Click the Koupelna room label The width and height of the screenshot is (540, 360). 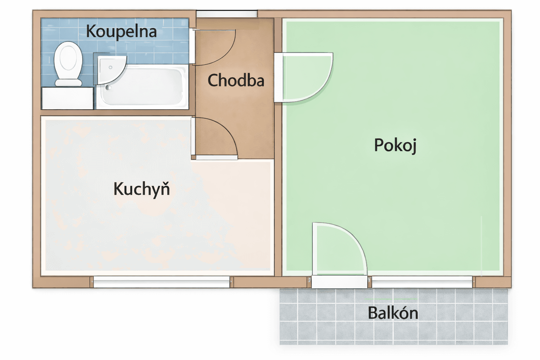point(121,32)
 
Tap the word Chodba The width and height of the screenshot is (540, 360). point(236,81)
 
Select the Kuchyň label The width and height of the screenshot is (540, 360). point(141,189)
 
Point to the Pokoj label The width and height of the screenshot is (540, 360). point(395,145)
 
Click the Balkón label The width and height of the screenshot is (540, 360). point(393,313)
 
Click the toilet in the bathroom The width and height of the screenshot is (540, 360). point(68,62)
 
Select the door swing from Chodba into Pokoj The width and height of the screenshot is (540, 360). point(304,77)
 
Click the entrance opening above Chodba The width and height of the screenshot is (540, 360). point(227,14)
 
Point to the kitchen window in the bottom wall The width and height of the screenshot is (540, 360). point(162,282)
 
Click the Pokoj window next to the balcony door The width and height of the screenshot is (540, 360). point(422,282)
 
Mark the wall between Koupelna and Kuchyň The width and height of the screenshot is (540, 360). point(116,112)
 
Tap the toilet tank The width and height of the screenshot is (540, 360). point(69,83)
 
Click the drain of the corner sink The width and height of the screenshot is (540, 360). point(110,67)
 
